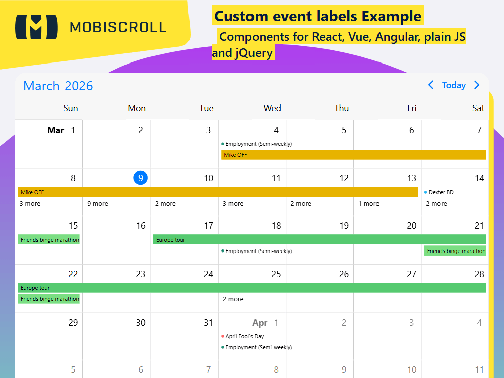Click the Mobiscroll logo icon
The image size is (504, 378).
33,27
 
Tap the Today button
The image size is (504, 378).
454,85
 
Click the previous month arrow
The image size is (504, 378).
431,85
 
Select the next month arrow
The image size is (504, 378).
477,85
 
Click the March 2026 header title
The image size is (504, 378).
58,86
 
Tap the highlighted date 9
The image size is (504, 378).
141,178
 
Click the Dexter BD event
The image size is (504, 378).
440,192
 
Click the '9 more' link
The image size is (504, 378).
98,204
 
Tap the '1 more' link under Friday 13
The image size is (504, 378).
368,204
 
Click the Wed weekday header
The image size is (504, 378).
272,108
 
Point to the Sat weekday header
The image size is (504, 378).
478,108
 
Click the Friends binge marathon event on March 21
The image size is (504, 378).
456,251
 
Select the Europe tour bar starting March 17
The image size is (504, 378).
320,240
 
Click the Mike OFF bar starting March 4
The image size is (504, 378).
353,155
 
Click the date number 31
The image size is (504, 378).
208,323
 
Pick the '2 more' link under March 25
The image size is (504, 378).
233,299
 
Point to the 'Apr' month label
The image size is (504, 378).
260,323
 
